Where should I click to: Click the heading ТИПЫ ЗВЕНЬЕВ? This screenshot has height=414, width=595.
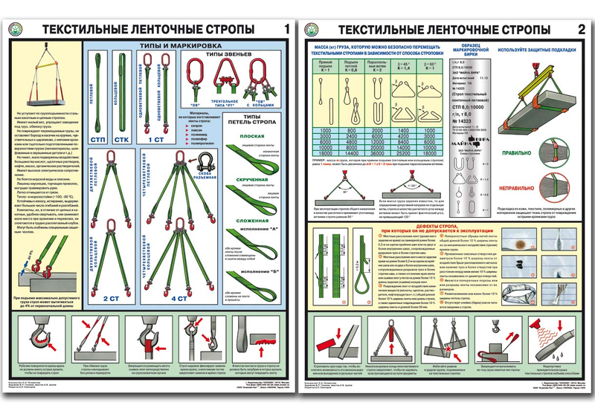(x=231, y=55)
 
